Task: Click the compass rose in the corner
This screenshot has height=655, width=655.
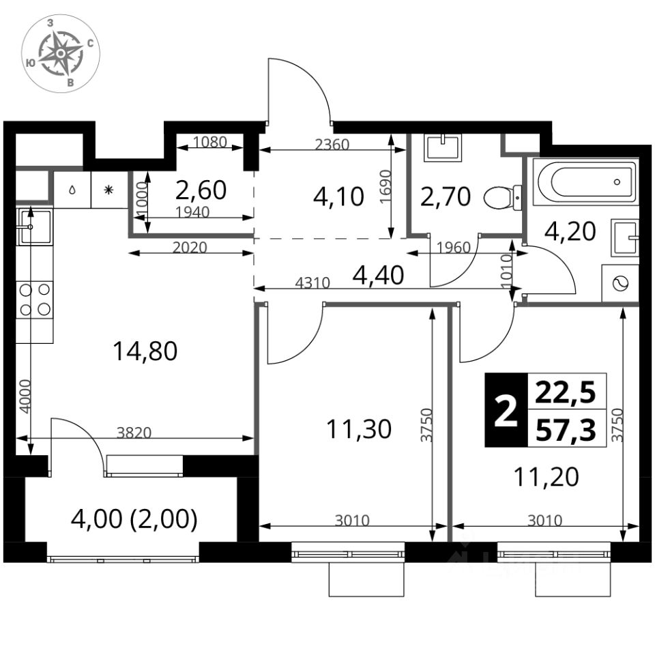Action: point(61,53)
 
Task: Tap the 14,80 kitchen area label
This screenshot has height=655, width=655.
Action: point(145,351)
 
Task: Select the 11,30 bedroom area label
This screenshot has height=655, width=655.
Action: point(359,429)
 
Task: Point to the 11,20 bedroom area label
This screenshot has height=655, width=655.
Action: point(547,477)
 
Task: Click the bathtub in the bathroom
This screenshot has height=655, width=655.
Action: point(585,181)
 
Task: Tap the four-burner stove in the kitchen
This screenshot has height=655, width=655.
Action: point(35,300)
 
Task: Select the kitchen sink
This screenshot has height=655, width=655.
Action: point(34,227)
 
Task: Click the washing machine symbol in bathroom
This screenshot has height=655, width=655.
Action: point(620,283)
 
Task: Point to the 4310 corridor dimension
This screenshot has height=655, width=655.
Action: point(312,283)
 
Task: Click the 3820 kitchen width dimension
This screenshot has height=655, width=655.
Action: point(134,433)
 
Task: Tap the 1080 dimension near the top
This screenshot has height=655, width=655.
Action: point(210,143)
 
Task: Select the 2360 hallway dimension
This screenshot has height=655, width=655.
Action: point(332,145)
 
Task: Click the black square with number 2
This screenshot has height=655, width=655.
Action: point(506,410)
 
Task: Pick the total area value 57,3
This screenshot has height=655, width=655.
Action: point(566,431)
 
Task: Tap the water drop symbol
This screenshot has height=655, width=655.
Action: point(72,190)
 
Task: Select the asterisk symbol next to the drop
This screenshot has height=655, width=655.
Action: point(108,190)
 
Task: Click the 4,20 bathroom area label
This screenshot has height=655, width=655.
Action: point(570,231)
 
